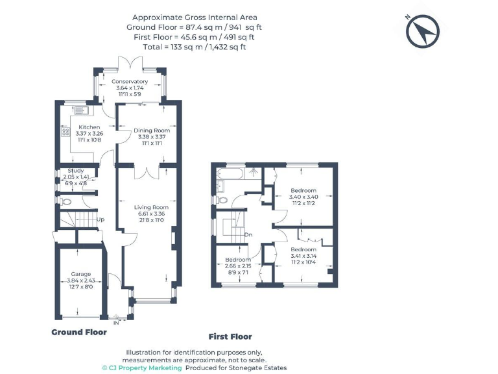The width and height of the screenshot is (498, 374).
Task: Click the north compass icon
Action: (x=422, y=31)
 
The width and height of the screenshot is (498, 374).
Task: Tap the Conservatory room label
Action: (x=130, y=81)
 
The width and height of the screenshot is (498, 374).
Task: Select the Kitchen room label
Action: (x=89, y=127)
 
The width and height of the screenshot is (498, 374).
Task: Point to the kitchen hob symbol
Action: (x=65, y=132)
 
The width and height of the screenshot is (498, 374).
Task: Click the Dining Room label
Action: (x=152, y=131)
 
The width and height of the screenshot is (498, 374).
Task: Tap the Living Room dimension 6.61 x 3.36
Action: (x=151, y=214)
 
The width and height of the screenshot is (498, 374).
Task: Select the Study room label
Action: (x=76, y=171)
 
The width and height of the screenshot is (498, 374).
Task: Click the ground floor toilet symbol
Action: (x=65, y=201)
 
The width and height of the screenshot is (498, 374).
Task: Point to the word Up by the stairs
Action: (x=101, y=219)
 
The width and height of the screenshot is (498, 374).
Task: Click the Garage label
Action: (x=81, y=274)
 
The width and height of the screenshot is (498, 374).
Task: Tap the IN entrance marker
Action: (x=116, y=323)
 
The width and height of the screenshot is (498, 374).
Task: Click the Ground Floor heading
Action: (x=79, y=332)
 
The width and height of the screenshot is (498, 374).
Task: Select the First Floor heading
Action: (x=230, y=337)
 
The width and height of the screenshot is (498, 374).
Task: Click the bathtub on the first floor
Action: (x=230, y=173)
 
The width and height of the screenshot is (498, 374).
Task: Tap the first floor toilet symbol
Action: (x=222, y=200)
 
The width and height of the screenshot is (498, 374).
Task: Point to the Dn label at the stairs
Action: (x=248, y=234)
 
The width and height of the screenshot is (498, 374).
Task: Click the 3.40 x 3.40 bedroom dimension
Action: (x=303, y=197)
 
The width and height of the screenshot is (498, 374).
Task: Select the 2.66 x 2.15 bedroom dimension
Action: (x=238, y=266)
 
